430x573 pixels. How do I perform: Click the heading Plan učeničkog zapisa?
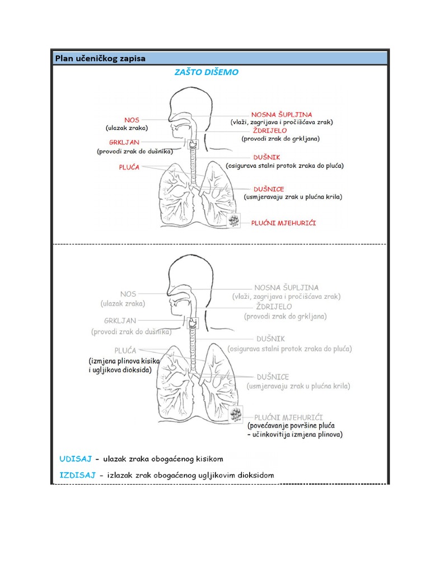tap(100, 58)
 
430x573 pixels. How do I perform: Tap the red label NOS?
tap(132, 120)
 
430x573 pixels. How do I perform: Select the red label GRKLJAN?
tap(124, 142)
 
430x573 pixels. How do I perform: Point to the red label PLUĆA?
tap(129, 167)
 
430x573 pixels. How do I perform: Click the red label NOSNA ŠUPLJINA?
tap(282, 114)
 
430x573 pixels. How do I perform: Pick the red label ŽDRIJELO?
tap(270, 130)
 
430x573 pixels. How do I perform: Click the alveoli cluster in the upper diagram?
tap(235, 220)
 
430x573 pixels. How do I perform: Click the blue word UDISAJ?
tap(75, 459)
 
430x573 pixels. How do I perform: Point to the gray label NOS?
tap(128, 294)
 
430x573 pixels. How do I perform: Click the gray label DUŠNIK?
tap(271, 339)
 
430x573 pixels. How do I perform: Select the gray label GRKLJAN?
tap(120, 321)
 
